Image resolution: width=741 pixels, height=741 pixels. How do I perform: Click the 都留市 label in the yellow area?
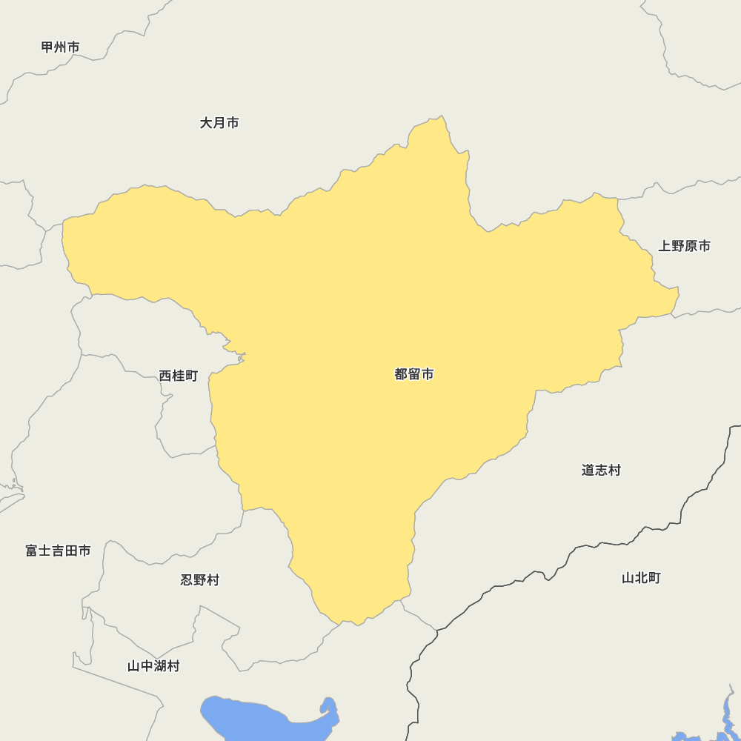pyautogui.click(x=414, y=374)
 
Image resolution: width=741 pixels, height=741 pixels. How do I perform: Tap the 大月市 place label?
pyautogui.click(x=219, y=123)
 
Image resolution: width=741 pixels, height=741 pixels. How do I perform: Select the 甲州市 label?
pyautogui.click(x=60, y=47)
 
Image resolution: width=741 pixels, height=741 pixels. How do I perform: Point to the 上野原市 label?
pyautogui.click(x=685, y=246)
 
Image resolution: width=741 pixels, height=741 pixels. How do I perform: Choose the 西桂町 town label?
pyautogui.click(x=179, y=376)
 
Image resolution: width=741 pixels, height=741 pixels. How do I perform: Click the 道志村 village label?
pyautogui.click(x=601, y=470)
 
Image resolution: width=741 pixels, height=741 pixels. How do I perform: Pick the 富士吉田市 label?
pyautogui.click(x=58, y=551)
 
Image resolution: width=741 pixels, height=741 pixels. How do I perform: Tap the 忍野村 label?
pyautogui.click(x=200, y=579)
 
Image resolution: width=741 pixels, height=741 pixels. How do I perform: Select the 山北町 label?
pyautogui.click(x=641, y=578)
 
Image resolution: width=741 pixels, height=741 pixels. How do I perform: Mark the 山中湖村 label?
pyautogui.click(x=153, y=666)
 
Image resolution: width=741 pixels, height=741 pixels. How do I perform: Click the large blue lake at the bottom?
pyautogui.click(x=245, y=716)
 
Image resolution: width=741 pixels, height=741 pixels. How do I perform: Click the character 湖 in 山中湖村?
pyautogui.click(x=160, y=666)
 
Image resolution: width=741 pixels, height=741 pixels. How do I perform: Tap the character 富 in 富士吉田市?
pyautogui.click(x=32, y=551)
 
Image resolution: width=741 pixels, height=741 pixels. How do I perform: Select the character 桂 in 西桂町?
pyautogui.click(x=179, y=376)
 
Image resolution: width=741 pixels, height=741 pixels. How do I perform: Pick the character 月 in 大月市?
pyautogui.click(x=219, y=123)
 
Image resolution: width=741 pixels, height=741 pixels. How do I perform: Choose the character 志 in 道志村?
pyautogui.click(x=601, y=470)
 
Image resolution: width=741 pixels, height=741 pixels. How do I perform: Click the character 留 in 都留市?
pyautogui.click(x=414, y=374)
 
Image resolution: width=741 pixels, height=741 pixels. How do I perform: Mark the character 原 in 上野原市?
pyautogui.click(x=691, y=246)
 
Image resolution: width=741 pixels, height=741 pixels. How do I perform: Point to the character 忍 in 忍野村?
pyautogui.click(x=187, y=579)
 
